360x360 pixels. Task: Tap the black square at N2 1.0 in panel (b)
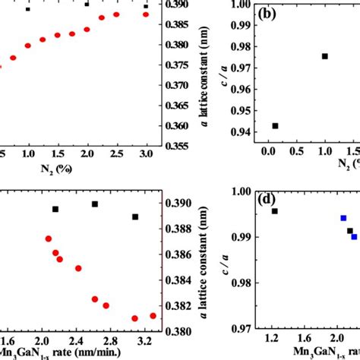[325, 56]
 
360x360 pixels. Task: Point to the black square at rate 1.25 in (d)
[275, 211]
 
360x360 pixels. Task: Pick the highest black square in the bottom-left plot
[95, 204]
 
